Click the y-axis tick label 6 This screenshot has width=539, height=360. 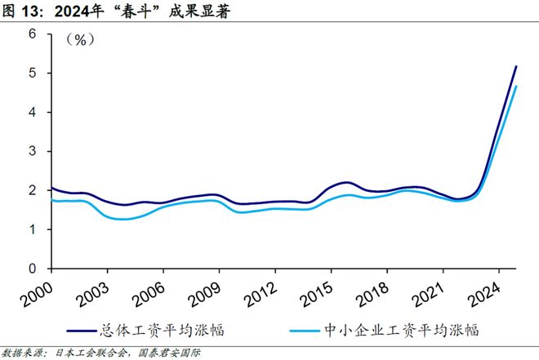33,34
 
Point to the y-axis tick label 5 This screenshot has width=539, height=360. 33,73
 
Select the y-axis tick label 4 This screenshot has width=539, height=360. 33,112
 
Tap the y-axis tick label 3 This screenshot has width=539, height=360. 33,151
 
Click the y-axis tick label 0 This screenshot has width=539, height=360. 33,269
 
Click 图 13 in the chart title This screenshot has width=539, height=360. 24,10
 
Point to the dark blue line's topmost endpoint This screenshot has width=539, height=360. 516,66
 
